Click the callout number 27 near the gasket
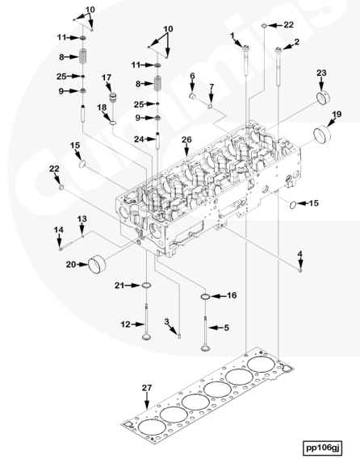tap(147, 388)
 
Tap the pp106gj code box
tap(323, 448)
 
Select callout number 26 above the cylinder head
tap(186, 140)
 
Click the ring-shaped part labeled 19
tap(323, 135)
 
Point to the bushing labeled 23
tap(324, 98)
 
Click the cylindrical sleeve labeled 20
tap(98, 264)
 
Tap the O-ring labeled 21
tap(146, 286)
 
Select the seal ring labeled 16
tap(205, 297)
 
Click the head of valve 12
tap(146, 337)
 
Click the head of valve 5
tap(205, 348)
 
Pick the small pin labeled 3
tap(180, 336)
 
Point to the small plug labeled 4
tap(300, 270)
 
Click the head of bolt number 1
tap(246, 48)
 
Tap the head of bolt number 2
tap(278, 50)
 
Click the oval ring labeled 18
tap(113, 123)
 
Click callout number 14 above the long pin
tap(59, 230)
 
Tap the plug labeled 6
tap(193, 96)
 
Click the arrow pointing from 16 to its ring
tap(219, 296)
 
